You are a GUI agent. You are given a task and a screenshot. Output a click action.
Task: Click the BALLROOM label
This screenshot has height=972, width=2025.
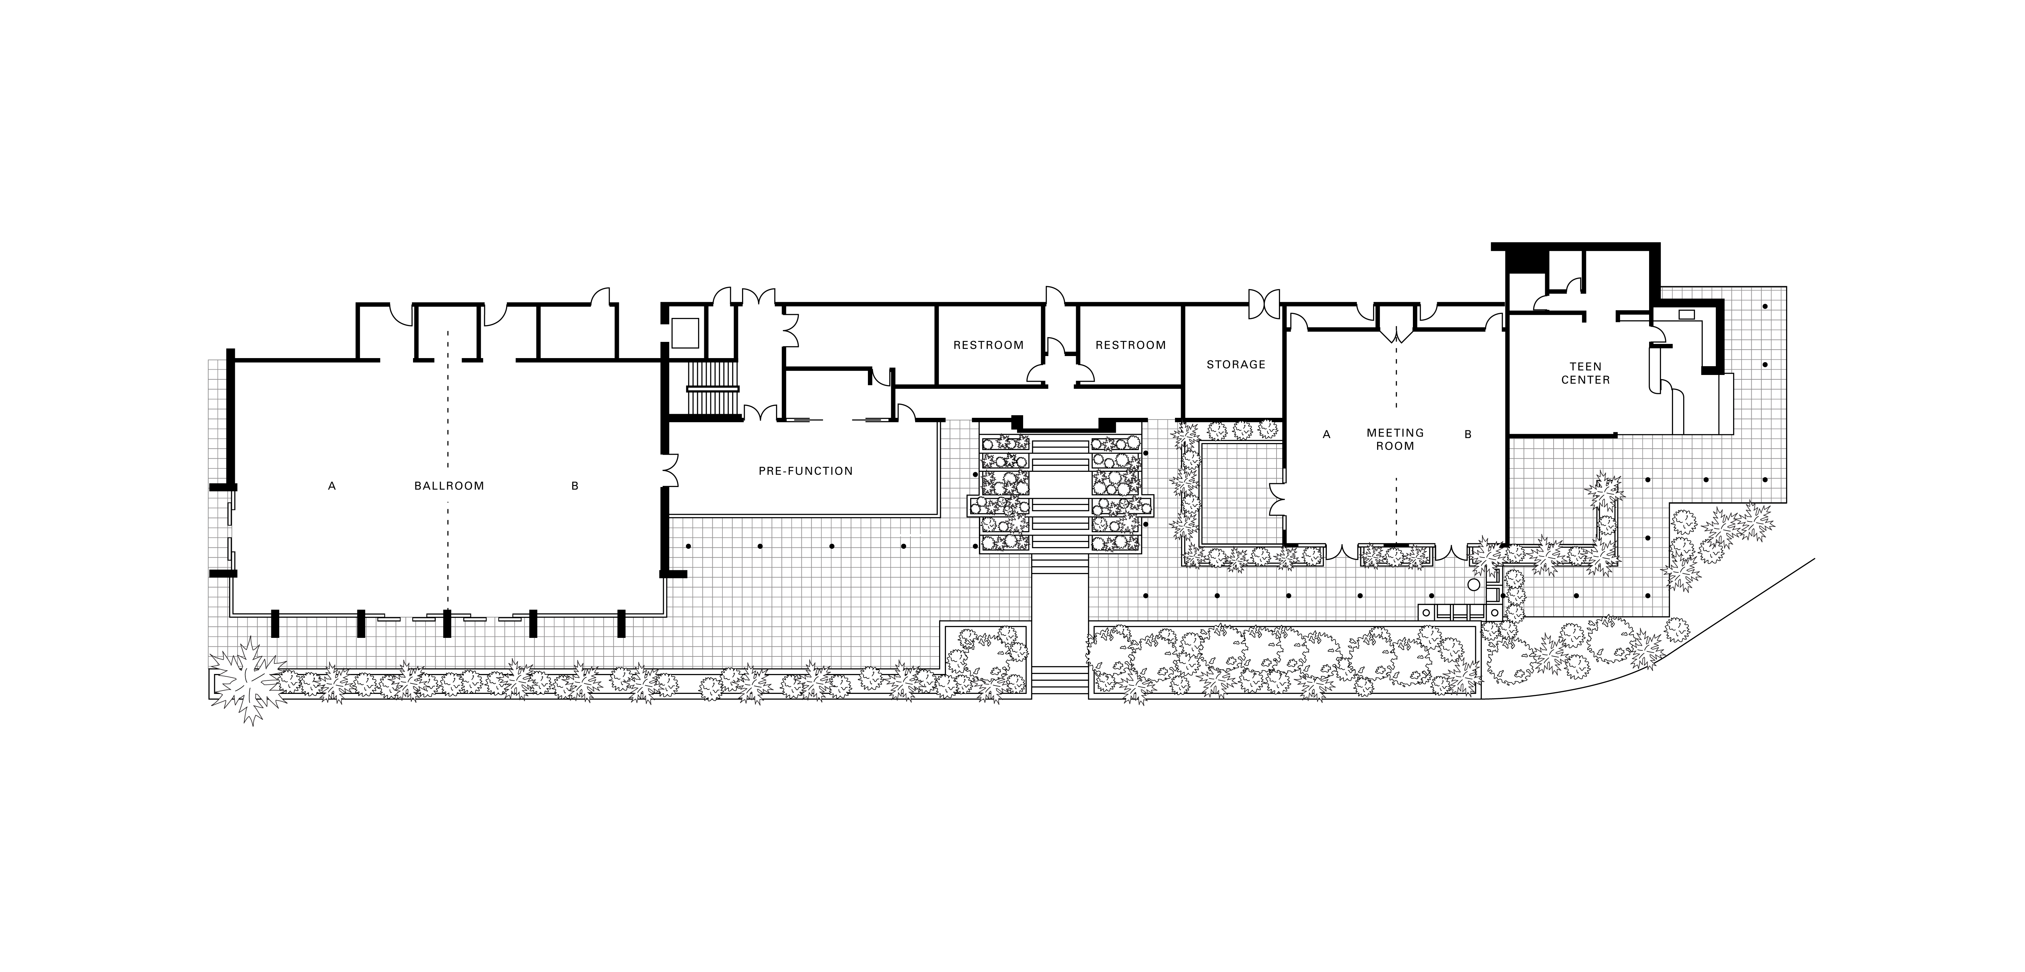coord(449,486)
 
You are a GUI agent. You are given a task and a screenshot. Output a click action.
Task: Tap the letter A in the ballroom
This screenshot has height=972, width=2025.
coord(332,486)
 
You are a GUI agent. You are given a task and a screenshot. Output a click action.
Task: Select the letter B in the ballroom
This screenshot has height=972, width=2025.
coord(575,486)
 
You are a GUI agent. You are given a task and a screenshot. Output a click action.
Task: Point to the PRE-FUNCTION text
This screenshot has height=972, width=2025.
coord(805,471)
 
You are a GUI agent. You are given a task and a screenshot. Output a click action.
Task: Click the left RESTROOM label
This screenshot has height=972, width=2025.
coord(988,345)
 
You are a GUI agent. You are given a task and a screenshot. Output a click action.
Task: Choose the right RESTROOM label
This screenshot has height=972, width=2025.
coord(1130,345)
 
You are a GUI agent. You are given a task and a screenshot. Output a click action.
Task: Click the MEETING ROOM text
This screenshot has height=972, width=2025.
coord(1395,440)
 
